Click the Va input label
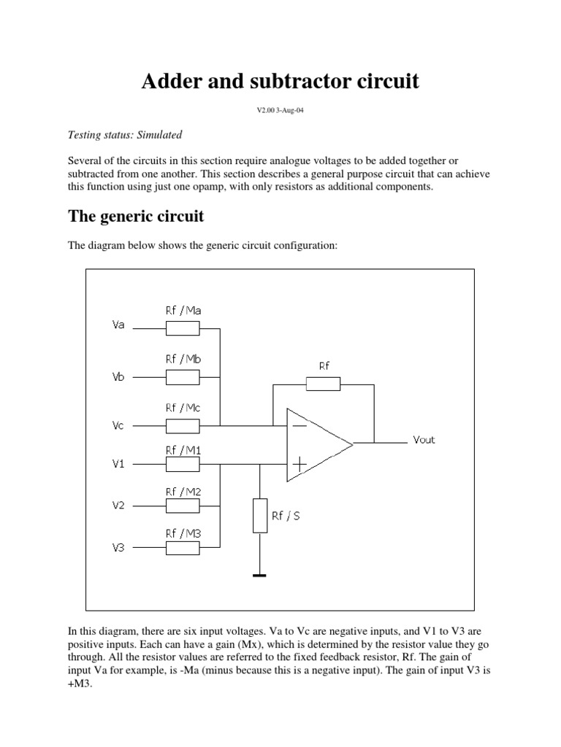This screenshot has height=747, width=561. click(118, 325)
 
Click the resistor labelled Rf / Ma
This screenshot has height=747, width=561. click(182, 328)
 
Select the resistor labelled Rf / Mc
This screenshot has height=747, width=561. click(182, 425)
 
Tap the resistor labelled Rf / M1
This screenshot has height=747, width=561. click(182, 464)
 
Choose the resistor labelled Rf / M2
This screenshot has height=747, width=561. click(182, 506)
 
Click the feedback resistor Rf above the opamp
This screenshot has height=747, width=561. click(322, 384)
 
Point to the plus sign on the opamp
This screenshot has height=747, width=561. click(299, 462)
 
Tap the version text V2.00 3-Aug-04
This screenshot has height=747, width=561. click(280, 112)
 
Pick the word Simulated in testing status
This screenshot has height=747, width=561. click(157, 135)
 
